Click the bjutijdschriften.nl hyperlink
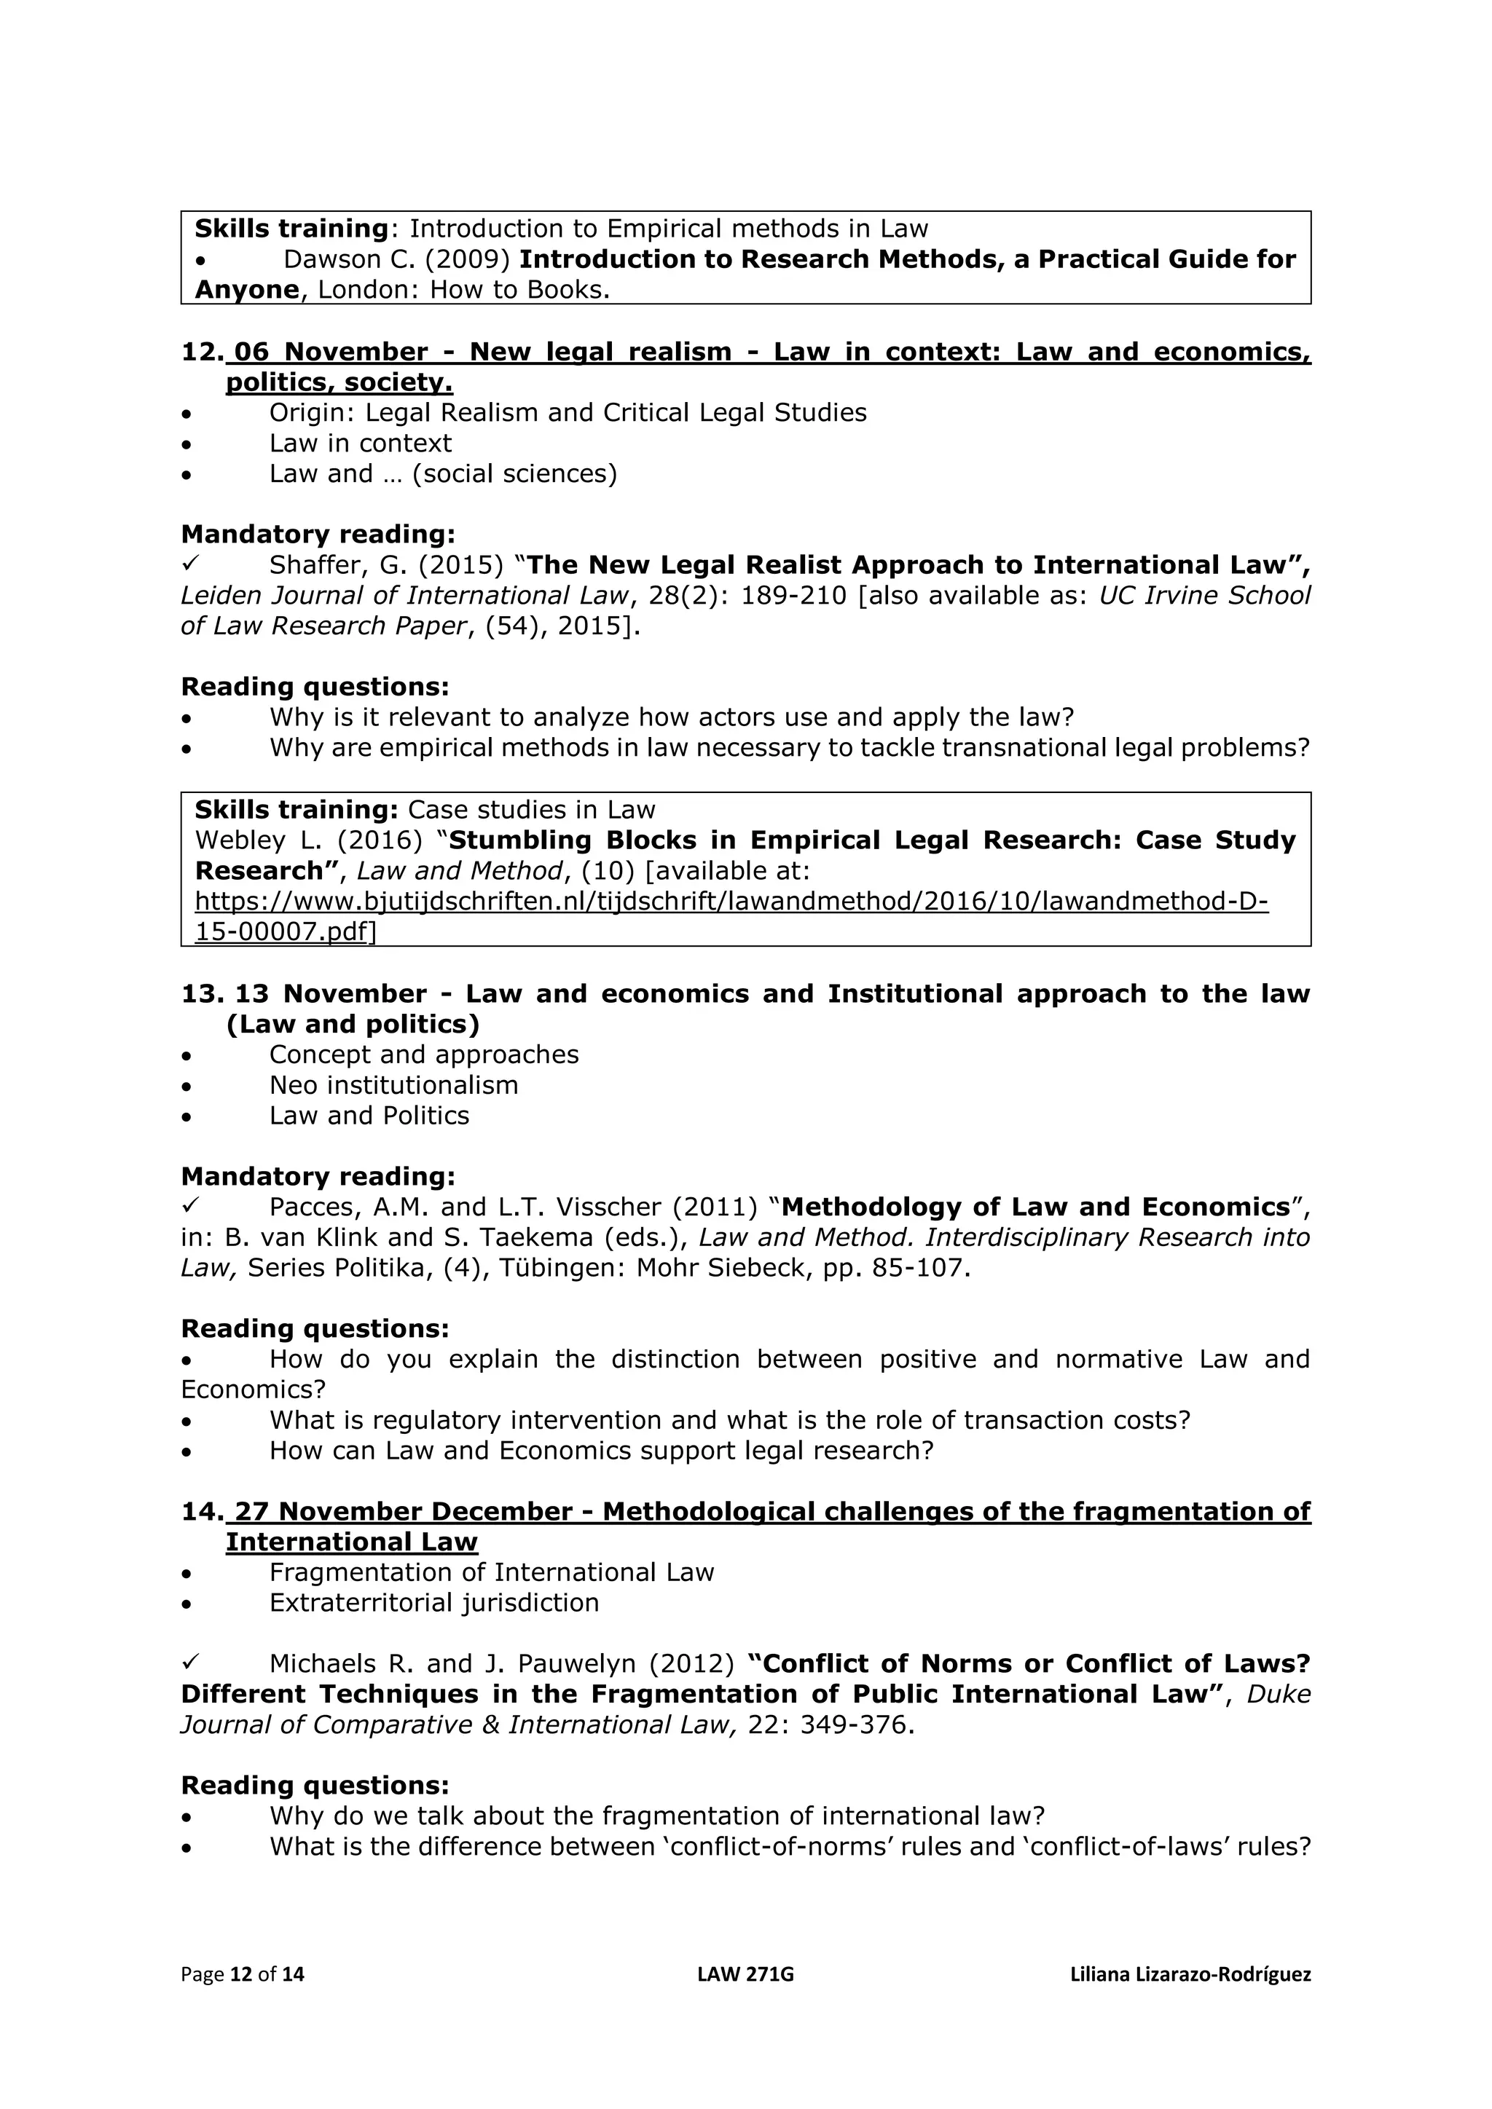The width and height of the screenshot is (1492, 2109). click(x=731, y=901)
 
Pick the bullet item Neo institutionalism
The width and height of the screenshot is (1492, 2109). click(x=393, y=1086)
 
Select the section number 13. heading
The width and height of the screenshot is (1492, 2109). click(x=202, y=994)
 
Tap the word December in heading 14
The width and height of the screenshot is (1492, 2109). click(x=503, y=1512)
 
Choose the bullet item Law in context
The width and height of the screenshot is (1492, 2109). click(x=360, y=444)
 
